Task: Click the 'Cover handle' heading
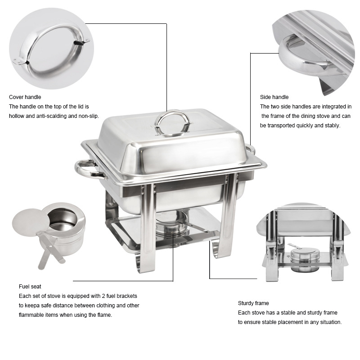coord(25,97)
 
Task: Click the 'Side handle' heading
coord(274,97)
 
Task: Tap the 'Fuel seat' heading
coord(30,287)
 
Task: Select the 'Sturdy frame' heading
coord(253,303)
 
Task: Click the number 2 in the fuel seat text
coord(103,296)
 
